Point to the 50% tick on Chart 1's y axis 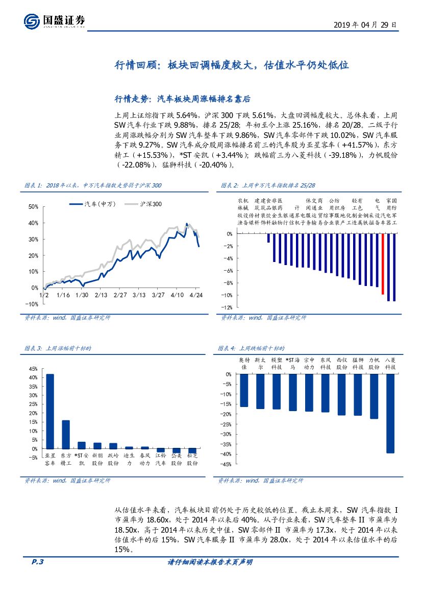(x=34, y=207)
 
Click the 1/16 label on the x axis (x=63, y=296)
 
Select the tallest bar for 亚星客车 (x=50, y=411)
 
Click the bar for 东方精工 (x=66, y=434)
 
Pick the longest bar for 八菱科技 (x=390, y=413)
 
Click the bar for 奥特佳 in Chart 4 (x=244, y=390)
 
